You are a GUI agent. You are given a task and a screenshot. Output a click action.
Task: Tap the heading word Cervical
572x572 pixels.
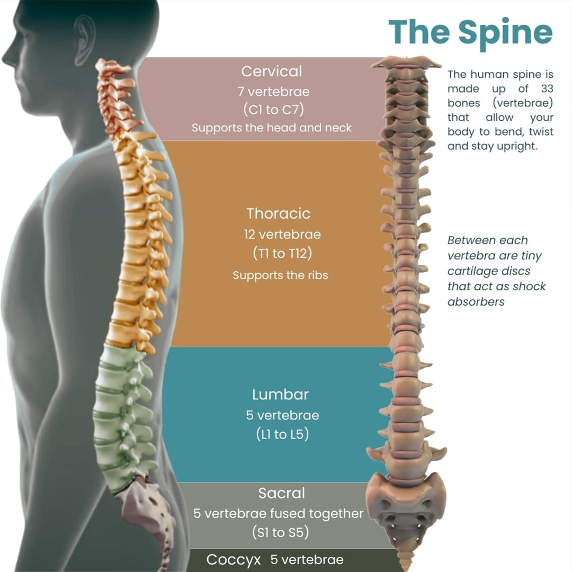click(x=271, y=71)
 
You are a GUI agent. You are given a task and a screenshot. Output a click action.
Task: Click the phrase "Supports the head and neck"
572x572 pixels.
click(x=271, y=128)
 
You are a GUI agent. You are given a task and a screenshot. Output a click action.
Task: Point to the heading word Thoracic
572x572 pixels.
click(x=278, y=213)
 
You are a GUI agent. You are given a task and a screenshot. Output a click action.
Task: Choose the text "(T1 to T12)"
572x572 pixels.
click(x=282, y=253)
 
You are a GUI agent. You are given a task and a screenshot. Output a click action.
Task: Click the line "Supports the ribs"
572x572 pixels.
click(x=280, y=275)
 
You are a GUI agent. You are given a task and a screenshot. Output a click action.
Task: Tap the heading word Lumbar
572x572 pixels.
click(x=280, y=395)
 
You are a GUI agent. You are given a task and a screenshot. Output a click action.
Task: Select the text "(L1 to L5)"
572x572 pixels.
click(x=282, y=434)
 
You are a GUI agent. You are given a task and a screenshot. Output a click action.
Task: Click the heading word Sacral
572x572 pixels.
click(x=282, y=493)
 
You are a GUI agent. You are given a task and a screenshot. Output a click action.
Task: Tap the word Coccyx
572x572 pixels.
click(x=236, y=559)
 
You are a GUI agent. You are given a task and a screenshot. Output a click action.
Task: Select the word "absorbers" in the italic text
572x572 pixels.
click(x=476, y=302)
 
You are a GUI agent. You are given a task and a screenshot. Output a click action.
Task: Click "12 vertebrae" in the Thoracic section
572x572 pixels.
click(x=282, y=234)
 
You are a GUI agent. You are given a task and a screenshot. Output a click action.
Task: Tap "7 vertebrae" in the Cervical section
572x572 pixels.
click(x=273, y=91)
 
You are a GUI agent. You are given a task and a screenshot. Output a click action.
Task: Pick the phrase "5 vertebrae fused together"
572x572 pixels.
click(x=279, y=513)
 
